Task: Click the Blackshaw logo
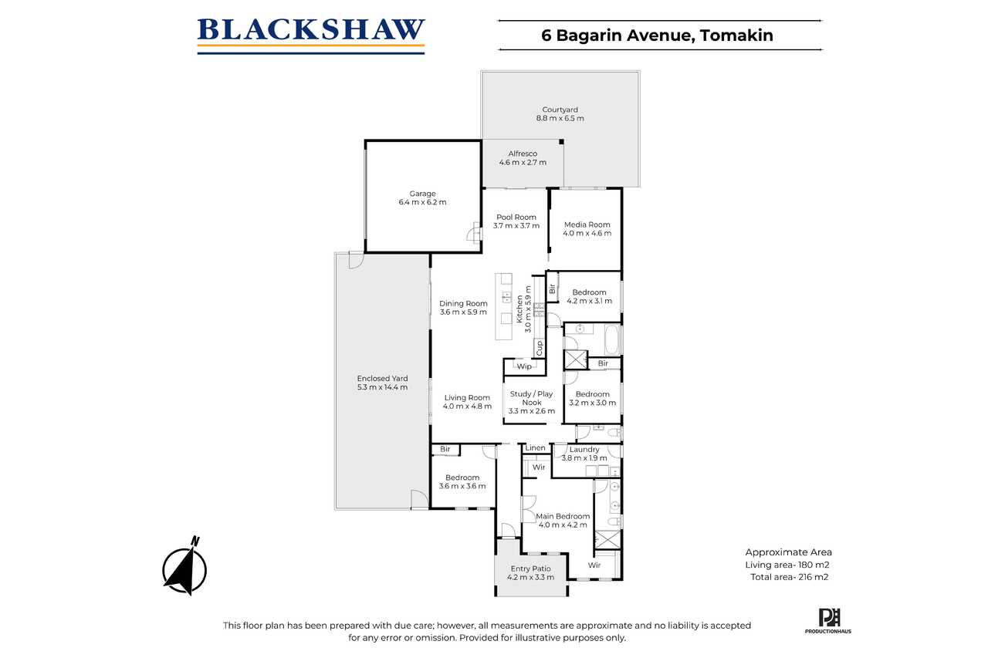tap(311, 36)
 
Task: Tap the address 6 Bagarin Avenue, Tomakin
tap(657, 35)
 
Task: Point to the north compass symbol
tap(184, 566)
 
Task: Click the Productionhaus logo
tap(828, 621)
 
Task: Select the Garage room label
tap(422, 194)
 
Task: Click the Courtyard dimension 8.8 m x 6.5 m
tap(560, 118)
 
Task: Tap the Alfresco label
tap(523, 154)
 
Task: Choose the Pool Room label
tap(516, 217)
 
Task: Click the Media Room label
tap(587, 224)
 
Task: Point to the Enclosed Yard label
tap(382, 378)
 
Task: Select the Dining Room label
tap(463, 303)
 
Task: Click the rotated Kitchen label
tap(519, 309)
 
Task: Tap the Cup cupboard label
tap(539, 348)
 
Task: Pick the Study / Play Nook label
tap(532, 398)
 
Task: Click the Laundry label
tap(584, 450)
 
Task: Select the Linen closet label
tap(535, 447)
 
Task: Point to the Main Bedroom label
tap(563, 516)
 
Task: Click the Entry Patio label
tap(530, 569)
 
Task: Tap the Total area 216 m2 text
tap(790, 577)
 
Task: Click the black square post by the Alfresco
tap(561, 142)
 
